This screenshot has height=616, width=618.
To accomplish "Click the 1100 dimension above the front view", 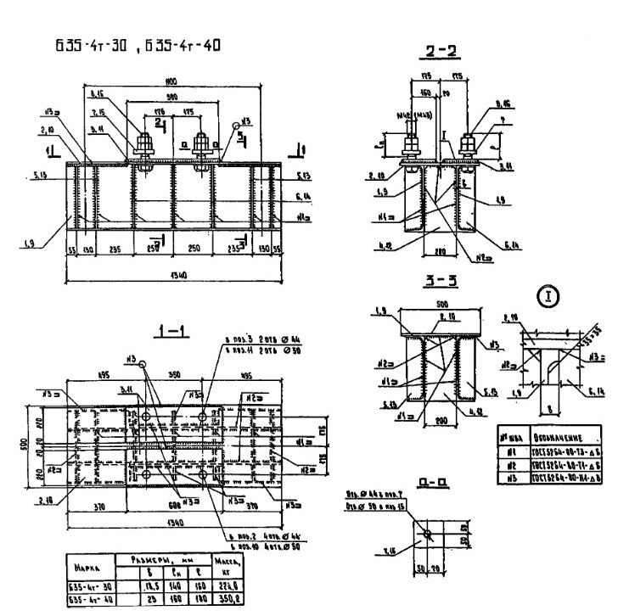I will point(172,82).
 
